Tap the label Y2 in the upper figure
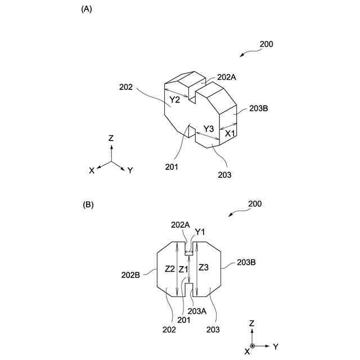[175, 100]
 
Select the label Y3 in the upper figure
[209, 129]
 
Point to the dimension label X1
[229, 134]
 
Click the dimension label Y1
[200, 232]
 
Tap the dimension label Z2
[169, 268]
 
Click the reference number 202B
[132, 275]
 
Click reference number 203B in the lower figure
[247, 262]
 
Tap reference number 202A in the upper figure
[227, 77]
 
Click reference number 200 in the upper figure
[266, 44]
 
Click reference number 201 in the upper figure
[172, 166]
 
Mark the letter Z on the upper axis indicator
[111, 138]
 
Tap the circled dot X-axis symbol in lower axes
[253, 345]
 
